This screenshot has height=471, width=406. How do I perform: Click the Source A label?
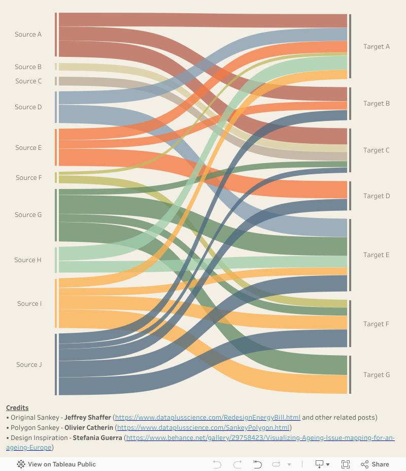click(x=28, y=35)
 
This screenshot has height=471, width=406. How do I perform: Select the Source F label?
click(x=29, y=178)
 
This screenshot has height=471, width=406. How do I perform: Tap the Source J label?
click(x=29, y=365)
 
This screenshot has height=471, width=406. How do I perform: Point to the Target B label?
click(x=377, y=104)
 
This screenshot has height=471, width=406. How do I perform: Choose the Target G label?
click(x=377, y=375)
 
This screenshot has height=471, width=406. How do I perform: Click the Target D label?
click(x=377, y=196)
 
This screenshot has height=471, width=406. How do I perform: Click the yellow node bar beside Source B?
click(x=56, y=67)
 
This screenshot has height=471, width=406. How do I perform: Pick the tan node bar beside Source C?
click(x=56, y=81)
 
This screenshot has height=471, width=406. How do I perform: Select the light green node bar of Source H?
click(x=56, y=260)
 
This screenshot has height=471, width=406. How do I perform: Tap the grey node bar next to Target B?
click(x=350, y=104)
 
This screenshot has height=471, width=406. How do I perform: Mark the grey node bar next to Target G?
click(x=350, y=375)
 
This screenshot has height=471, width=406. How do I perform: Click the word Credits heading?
click(x=17, y=408)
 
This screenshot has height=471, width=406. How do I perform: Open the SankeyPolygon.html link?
click(x=203, y=428)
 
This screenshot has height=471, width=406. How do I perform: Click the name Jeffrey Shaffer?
click(x=87, y=418)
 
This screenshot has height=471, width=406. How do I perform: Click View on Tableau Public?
click(x=56, y=464)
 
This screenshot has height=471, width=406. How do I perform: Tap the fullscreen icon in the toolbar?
click(x=346, y=464)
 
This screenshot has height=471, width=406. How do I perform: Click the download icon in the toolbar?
click(x=320, y=464)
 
